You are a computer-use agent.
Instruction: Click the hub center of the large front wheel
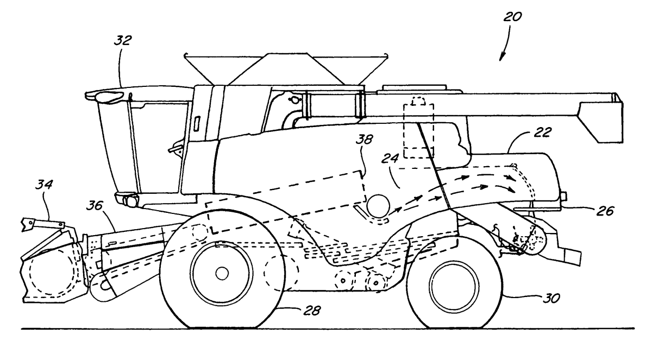point(221,273)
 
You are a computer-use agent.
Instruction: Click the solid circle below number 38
point(378,206)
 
